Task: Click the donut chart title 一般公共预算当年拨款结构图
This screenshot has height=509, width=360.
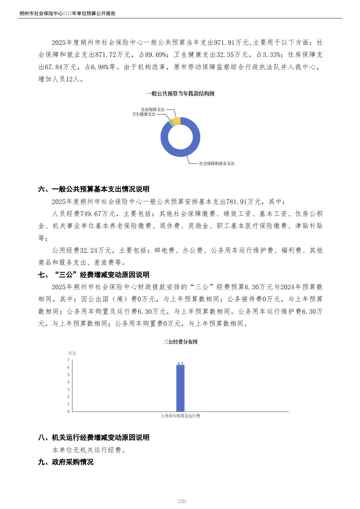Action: point(180,94)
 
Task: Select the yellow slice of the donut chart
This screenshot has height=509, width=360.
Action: point(177,121)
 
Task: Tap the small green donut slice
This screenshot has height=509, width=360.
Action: point(171,123)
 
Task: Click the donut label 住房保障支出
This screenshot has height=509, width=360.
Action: point(153,110)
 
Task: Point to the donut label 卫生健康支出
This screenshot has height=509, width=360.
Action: point(144,114)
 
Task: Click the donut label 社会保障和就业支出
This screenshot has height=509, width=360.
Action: point(217,163)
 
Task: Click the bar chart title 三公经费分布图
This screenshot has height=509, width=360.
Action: point(180,342)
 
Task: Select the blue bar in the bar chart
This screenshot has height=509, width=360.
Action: point(180,388)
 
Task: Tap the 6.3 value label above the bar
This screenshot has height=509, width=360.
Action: point(180,363)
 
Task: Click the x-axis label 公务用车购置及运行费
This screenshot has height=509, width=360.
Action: point(180,416)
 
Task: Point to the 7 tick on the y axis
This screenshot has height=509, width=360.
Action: point(68,360)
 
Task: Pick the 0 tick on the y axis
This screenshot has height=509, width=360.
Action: point(68,412)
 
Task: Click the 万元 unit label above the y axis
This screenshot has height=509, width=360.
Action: point(72,353)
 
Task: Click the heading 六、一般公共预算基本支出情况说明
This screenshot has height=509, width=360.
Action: point(94,189)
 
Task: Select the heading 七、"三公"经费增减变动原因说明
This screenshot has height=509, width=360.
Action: point(94,275)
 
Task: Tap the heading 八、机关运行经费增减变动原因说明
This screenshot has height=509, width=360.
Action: point(94,438)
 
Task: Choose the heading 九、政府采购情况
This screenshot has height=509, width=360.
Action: point(66,462)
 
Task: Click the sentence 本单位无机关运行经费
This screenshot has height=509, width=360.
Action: point(88,450)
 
